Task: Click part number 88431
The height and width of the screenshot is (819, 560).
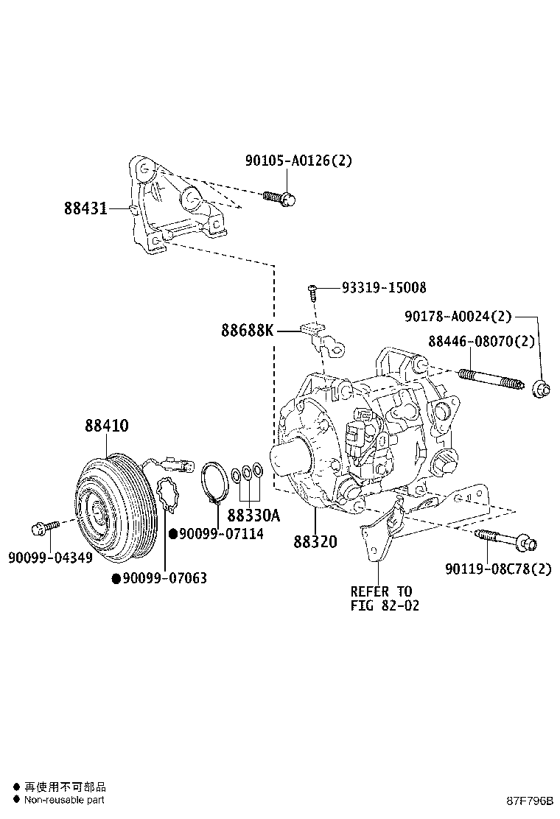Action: click(85, 209)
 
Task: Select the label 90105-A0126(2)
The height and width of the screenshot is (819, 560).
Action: click(298, 161)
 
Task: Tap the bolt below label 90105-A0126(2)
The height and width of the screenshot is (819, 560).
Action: click(279, 197)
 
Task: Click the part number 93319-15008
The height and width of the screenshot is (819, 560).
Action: click(383, 287)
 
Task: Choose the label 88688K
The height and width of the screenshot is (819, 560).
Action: click(246, 331)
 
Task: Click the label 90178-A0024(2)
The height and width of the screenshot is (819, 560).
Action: click(458, 316)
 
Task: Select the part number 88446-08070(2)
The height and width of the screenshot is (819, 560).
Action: click(482, 341)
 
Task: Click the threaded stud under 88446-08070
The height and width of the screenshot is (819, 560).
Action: click(486, 380)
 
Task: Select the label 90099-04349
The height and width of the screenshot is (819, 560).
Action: click(50, 558)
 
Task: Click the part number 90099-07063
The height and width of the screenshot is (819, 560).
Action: click(164, 578)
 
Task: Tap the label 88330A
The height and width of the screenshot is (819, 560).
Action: click(253, 515)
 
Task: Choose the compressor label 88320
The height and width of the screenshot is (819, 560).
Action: click(315, 541)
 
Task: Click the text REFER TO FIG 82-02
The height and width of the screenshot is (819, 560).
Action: click(381, 599)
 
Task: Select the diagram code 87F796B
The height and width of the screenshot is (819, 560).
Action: click(529, 800)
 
